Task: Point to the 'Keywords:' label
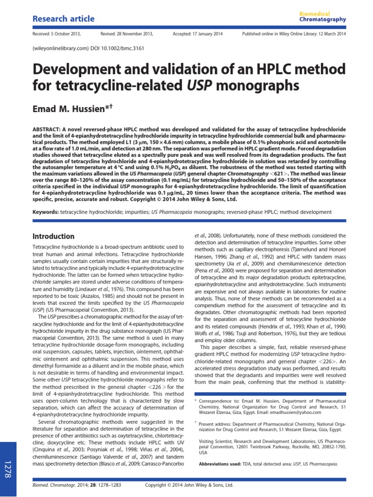point(45,212)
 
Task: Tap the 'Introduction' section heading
point(53,236)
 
